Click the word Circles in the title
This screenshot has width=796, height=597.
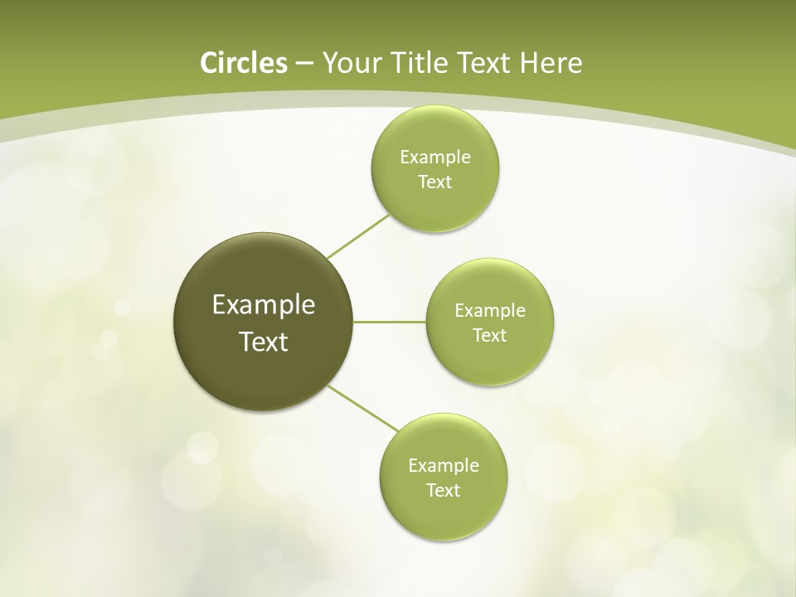click(x=243, y=63)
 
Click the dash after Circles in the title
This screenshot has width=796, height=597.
click(x=304, y=64)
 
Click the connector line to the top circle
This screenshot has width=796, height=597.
click(x=358, y=236)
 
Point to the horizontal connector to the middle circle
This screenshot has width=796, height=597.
click(x=390, y=322)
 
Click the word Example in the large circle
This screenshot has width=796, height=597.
click(x=264, y=305)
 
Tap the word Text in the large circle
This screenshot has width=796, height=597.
click(x=264, y=342)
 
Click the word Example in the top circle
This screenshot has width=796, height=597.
click(x=435, y=158)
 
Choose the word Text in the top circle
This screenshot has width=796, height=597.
click(x=434, y=182)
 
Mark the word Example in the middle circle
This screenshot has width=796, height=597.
click(x=490, y=311)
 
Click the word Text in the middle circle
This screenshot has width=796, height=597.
click(x=489, y=336)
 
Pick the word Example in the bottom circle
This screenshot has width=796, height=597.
click(x=444, y=466)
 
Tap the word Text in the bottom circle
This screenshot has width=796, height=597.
click(x=443, y=491)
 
